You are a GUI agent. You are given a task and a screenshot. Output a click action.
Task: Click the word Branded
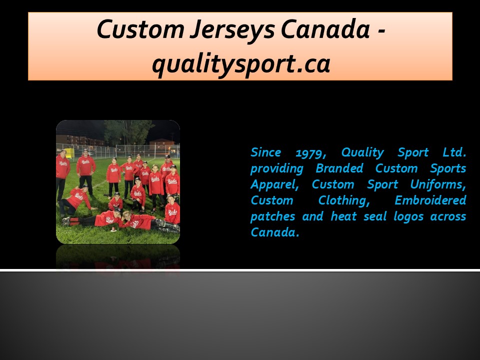[x=339, y=168]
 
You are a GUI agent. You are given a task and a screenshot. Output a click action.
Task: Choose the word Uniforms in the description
[x=438, y=184]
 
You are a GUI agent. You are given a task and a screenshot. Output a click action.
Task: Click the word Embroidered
[x=430, y=200]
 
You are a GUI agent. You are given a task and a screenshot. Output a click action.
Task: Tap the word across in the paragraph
[x=449, y=216]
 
